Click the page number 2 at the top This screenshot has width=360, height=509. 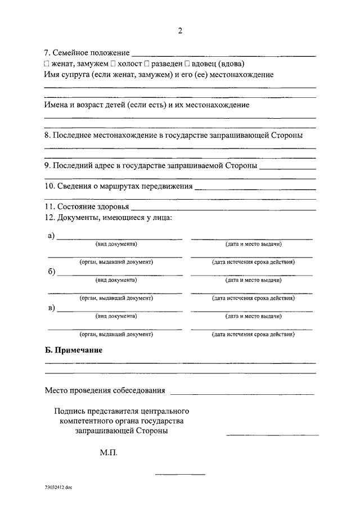[180, 31]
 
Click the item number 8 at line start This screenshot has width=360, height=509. [47, 136]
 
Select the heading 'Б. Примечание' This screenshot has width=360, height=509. [73, 350]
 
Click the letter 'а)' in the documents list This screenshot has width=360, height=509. [51, 236]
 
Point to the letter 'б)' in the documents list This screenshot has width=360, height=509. [51, 272]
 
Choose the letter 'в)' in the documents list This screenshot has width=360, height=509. [51, 308]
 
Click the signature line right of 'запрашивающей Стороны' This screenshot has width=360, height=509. [272, 434]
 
